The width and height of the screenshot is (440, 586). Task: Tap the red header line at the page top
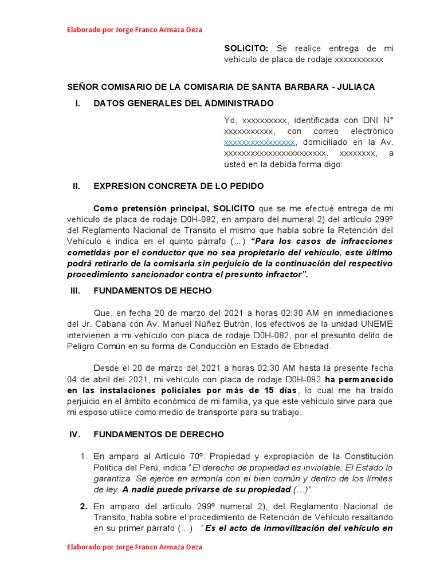point(134,29)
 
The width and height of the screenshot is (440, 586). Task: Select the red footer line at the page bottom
point(134,547)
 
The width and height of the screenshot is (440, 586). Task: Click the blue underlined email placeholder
point(260,142)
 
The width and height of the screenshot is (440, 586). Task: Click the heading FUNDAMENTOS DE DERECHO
point(159,434)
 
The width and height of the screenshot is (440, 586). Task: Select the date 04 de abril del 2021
point(107,379)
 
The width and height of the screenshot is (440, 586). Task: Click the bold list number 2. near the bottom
point(84,506)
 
